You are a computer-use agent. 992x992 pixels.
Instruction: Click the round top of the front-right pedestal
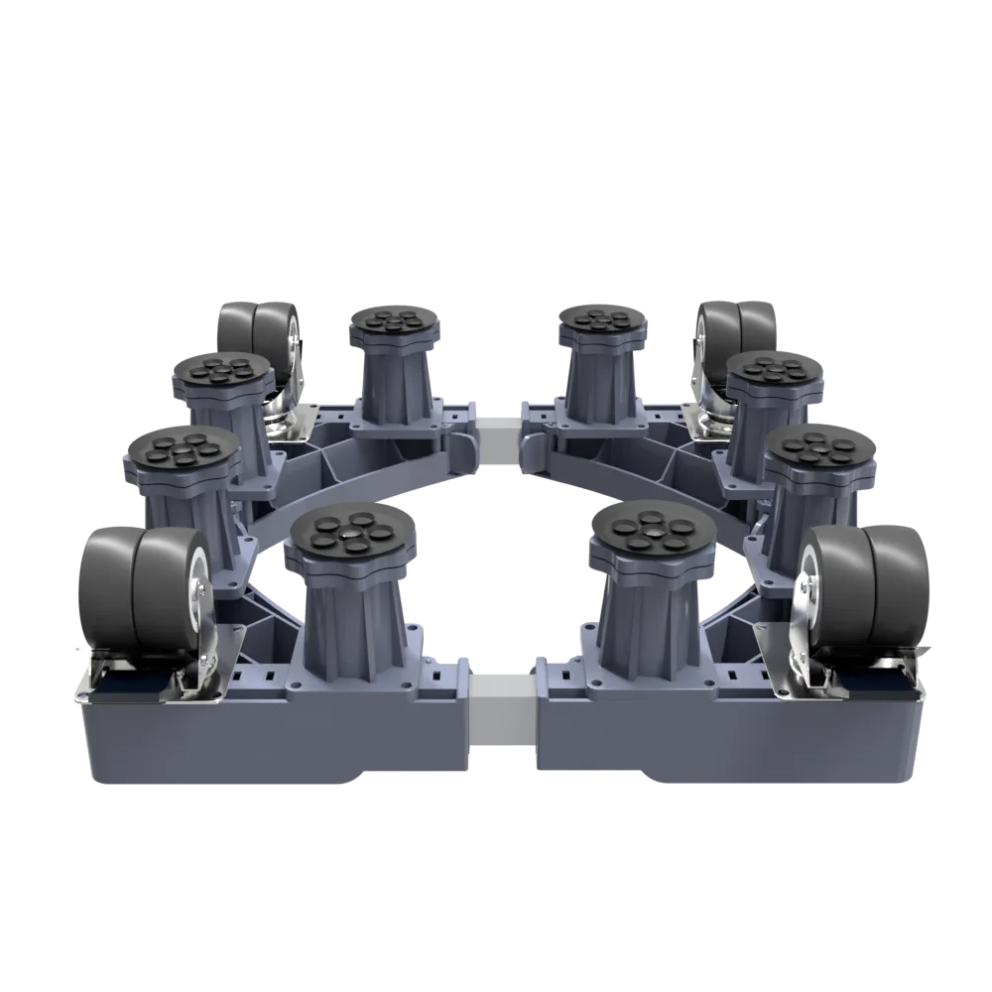tap(651, 530)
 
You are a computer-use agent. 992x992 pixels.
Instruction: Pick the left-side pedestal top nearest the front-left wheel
tap(181, 452)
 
